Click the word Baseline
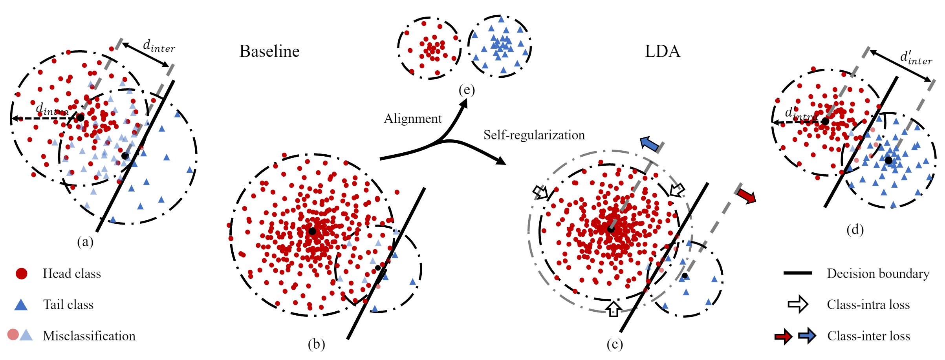tap(269, 51)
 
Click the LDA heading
tap(662, 51)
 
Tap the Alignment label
tap(412, 119)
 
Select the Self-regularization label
tap(534, 135)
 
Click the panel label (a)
tap(85, 242)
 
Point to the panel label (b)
tap(316, 344)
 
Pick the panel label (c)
tap(615, 344)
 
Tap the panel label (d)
tap(855, 229)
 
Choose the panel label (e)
tap(467, 90)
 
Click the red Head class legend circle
tap(21, 274)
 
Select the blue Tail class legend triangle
tap(21, 305)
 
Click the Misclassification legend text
tap(89, 336)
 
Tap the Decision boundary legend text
tap(878, 274)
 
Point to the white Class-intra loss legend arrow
tap(798, 304)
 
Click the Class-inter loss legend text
tap(868, 336)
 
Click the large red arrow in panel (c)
tap(746, 195)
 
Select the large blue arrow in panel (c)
tap(650, 144)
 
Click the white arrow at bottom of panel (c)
tap(613, 309)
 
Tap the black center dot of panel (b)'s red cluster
tap(312, 231)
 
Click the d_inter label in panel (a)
tap(159, 46)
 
